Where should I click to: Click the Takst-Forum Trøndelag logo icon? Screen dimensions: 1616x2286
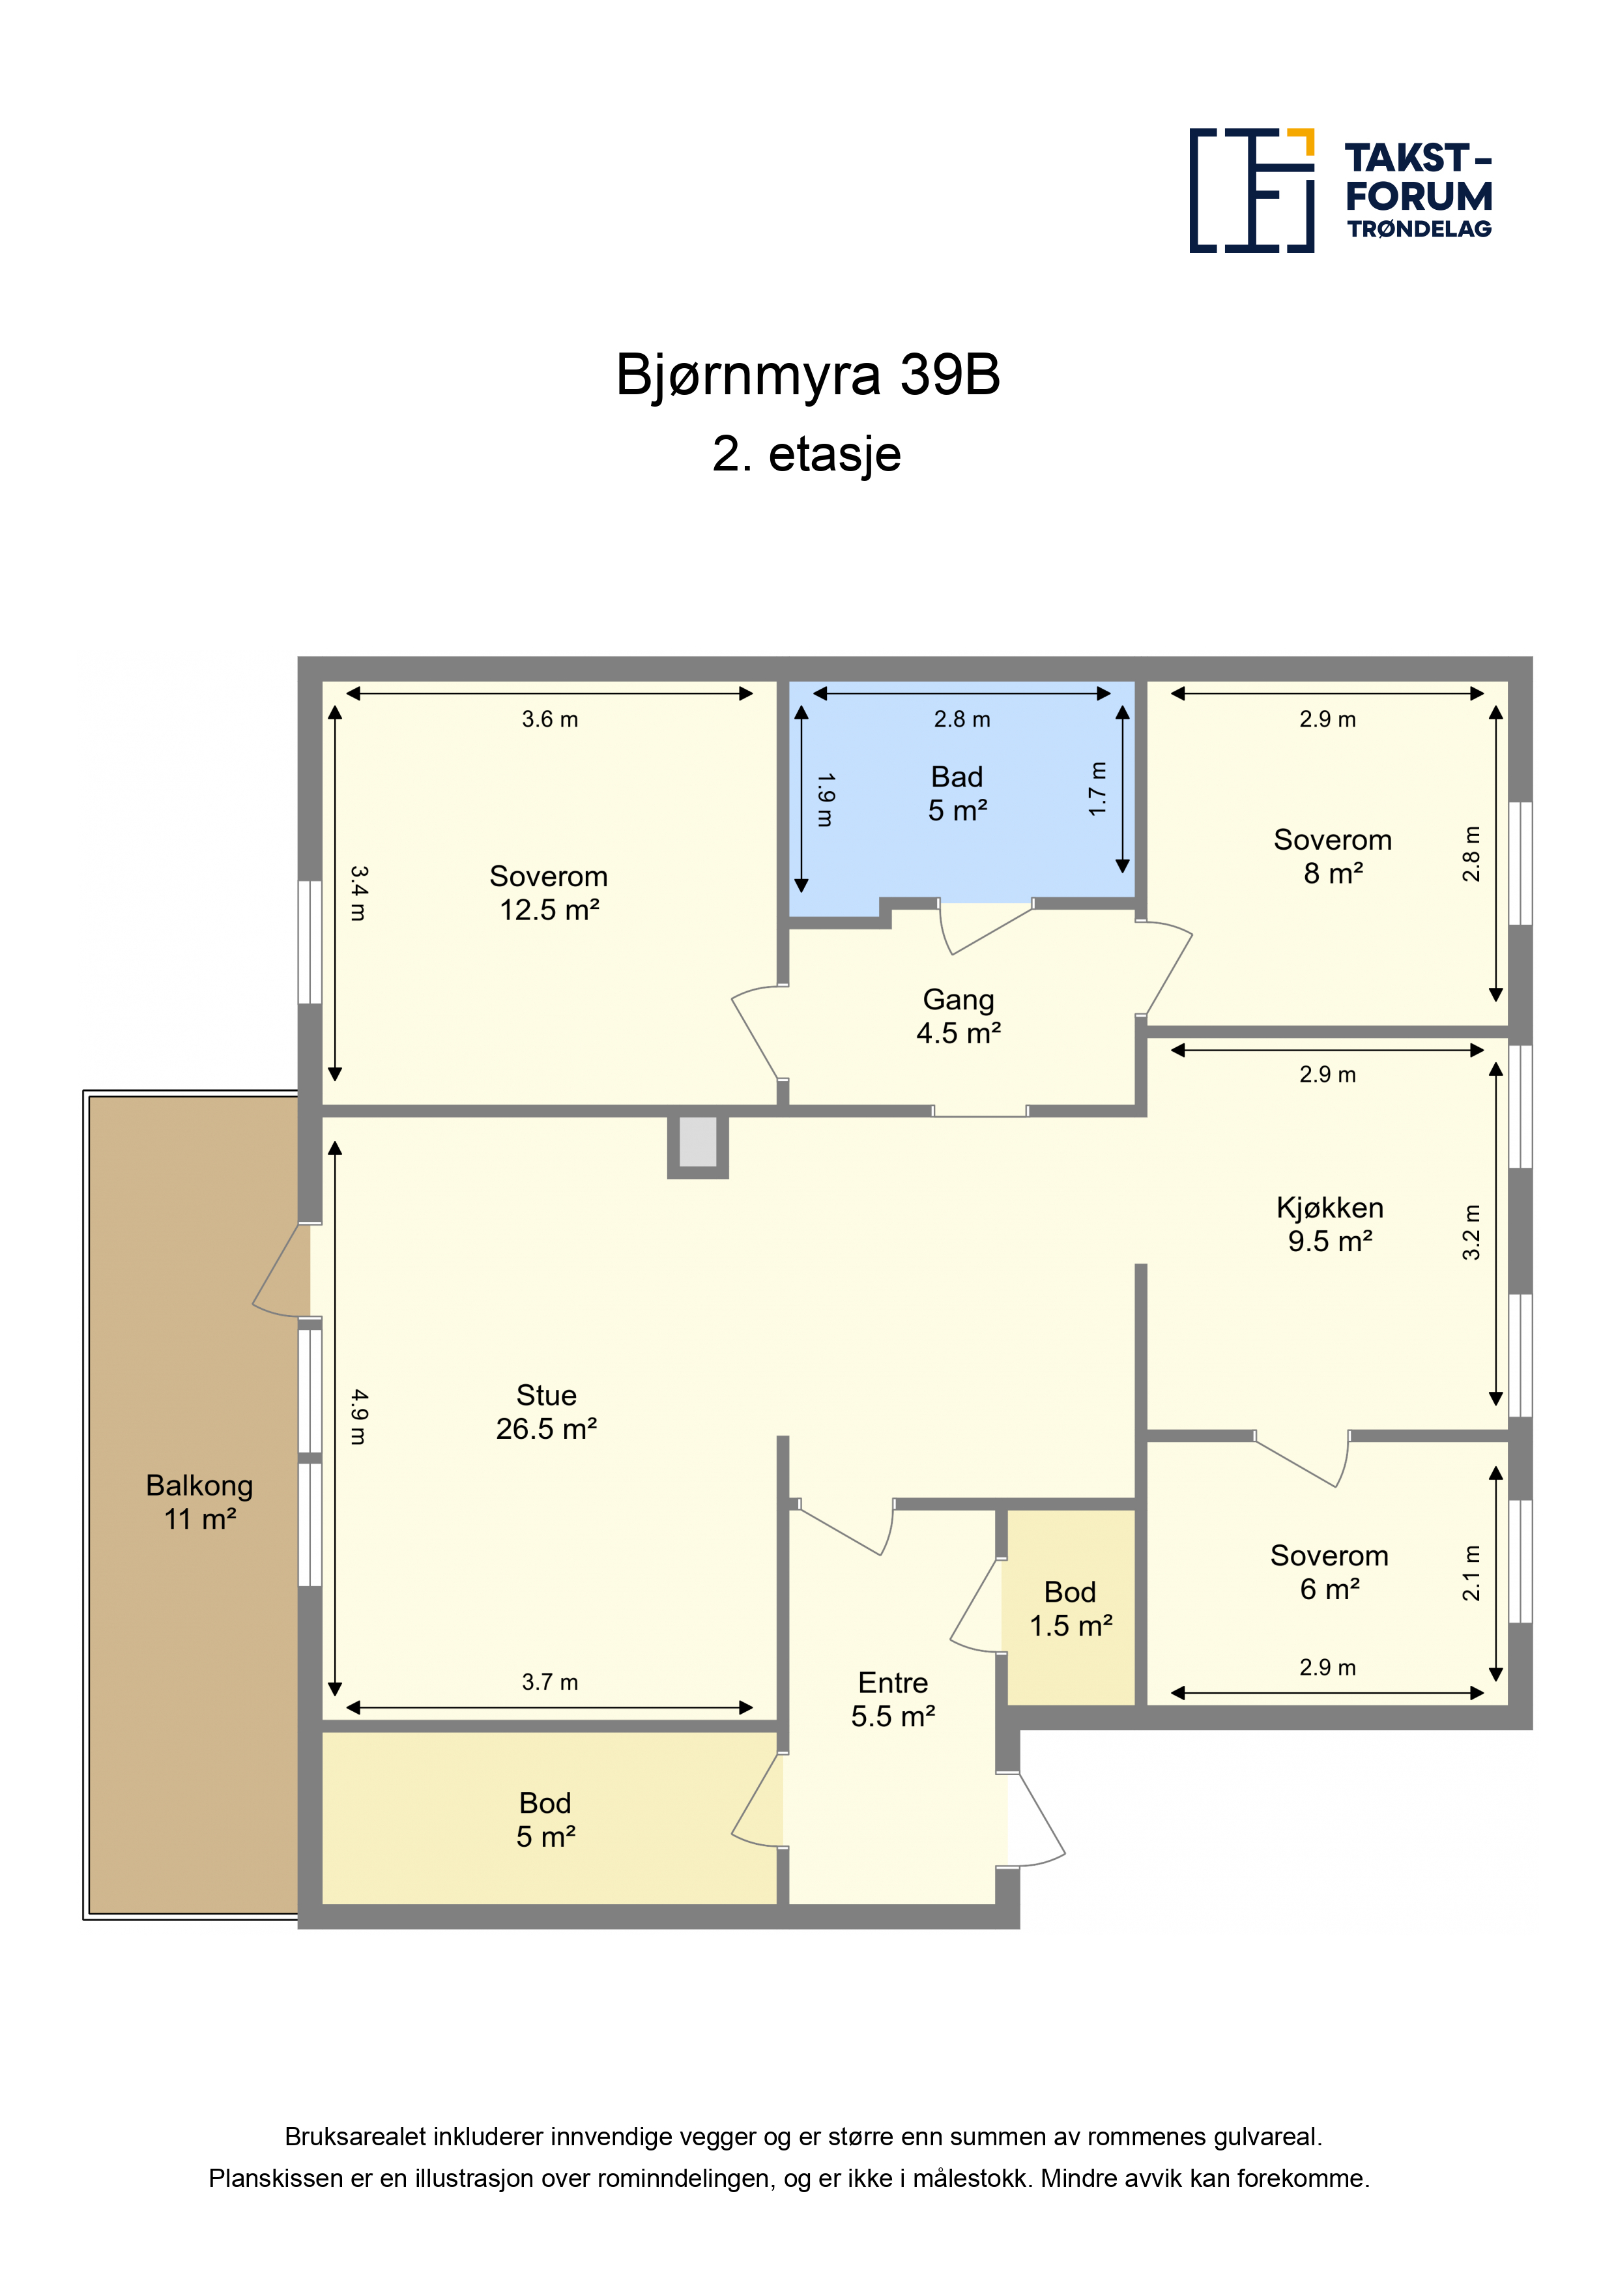click(1252, 190)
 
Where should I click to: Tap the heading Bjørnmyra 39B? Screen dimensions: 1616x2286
click(807, 375)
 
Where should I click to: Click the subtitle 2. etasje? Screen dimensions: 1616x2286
click(807, 454)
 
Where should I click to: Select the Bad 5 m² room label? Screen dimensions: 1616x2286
click(957, 794)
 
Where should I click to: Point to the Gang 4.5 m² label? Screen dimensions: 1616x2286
click(958, 1015)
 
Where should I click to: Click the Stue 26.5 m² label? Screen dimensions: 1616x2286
click(547, 1412)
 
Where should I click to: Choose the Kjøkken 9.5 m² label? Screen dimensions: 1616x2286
click(1330, 1224)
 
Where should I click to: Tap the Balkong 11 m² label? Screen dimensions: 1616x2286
click(199, 1501)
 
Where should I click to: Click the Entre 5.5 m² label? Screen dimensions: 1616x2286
click(893, 1699)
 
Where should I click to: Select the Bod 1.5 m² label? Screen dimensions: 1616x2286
click(1071, 1608)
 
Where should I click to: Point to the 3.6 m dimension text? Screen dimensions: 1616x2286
click(549, 719)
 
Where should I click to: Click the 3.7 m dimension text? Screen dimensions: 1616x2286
click(549, 1682)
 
